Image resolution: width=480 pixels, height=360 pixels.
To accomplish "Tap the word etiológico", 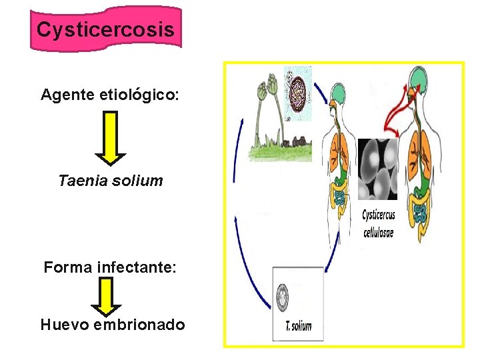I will pos(139,95).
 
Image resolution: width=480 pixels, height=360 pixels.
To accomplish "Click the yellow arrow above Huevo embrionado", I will pos(106,296).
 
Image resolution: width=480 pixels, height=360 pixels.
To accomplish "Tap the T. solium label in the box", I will pos(297,327).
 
